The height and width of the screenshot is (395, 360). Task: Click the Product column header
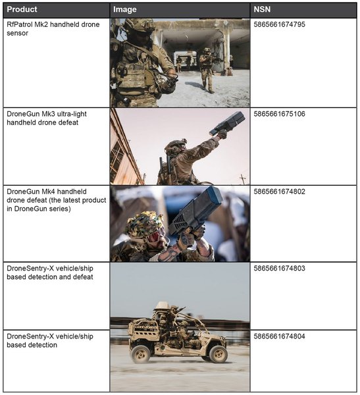coord(22,10)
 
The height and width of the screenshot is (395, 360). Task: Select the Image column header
coord(124,10)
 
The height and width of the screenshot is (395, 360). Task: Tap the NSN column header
coord(262,10)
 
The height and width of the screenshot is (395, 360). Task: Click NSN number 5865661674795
coord(279,24)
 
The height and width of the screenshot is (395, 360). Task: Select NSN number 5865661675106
coord(279,114)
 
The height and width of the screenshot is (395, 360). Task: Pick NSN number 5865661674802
coord(279,192)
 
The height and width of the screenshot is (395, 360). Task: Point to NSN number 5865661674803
coord(279,269)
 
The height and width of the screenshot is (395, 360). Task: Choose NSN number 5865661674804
coord(279,336)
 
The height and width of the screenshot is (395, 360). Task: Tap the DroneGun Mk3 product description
coord(47,118)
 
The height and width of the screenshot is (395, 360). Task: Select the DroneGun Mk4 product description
coord(57,200)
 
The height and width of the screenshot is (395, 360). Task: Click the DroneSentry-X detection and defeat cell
coord(50,273)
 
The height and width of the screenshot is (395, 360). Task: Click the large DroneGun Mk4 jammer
coord(195,211)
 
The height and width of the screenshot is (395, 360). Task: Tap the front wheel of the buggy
coord(218,354)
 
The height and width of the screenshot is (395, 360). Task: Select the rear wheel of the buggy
coord(141,354)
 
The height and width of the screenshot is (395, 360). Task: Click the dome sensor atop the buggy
coord(161,306)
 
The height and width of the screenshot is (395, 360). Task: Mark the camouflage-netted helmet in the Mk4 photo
coord(144,224)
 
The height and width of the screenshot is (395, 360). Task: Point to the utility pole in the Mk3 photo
coord(243,179)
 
